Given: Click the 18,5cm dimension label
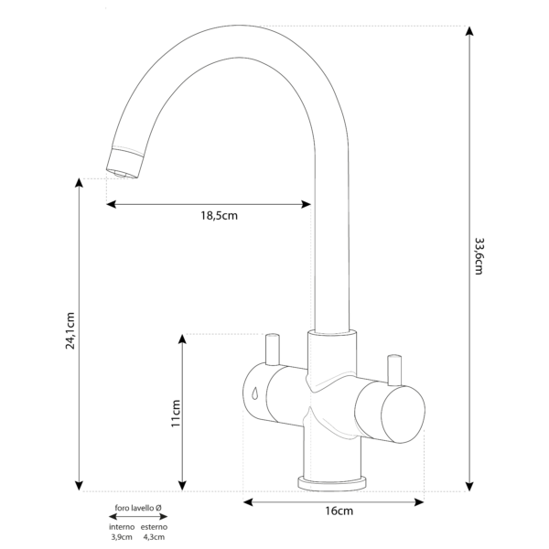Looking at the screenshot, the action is click(220, 216).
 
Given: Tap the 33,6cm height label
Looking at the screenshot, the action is click(479, 256).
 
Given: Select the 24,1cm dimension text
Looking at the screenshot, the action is click(70, 330).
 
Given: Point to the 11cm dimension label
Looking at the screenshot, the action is click(176, 414).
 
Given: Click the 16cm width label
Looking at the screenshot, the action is click(339, 511).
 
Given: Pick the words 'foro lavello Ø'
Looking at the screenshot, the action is click(138, 508).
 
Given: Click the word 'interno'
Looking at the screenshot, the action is click(122, 527).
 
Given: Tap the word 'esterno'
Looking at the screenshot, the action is click(154, 527).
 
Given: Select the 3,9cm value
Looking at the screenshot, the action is click(122, 537).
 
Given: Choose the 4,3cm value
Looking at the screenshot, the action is click(154, 537).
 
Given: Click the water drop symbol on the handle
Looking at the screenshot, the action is click(255, 393).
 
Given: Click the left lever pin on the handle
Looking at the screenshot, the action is click(273, 350).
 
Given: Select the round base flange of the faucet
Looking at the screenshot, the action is click(332, 483).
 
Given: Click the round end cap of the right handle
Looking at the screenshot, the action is click(403, 414).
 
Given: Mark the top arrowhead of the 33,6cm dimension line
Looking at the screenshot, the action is click(469, 31).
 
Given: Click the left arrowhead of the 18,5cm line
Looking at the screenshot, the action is click(111, 204).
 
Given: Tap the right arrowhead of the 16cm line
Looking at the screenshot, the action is click(419, 502).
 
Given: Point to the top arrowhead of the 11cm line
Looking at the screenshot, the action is click(182, 339).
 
